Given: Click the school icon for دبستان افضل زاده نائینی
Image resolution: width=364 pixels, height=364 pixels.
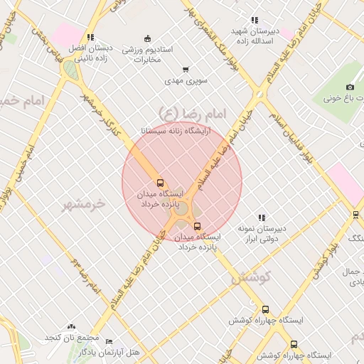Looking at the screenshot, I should [x=90, y=37].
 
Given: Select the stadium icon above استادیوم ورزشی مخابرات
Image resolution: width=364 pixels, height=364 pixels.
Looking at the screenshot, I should [x=147, y=38].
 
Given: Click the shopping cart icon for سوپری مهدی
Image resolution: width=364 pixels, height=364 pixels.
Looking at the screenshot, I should [x=186, y=70].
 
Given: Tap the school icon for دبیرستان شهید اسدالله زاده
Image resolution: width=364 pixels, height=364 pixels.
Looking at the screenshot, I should [x=254, y=20].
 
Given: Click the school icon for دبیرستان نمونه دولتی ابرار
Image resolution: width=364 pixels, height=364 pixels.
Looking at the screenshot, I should [x=262, y=218].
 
